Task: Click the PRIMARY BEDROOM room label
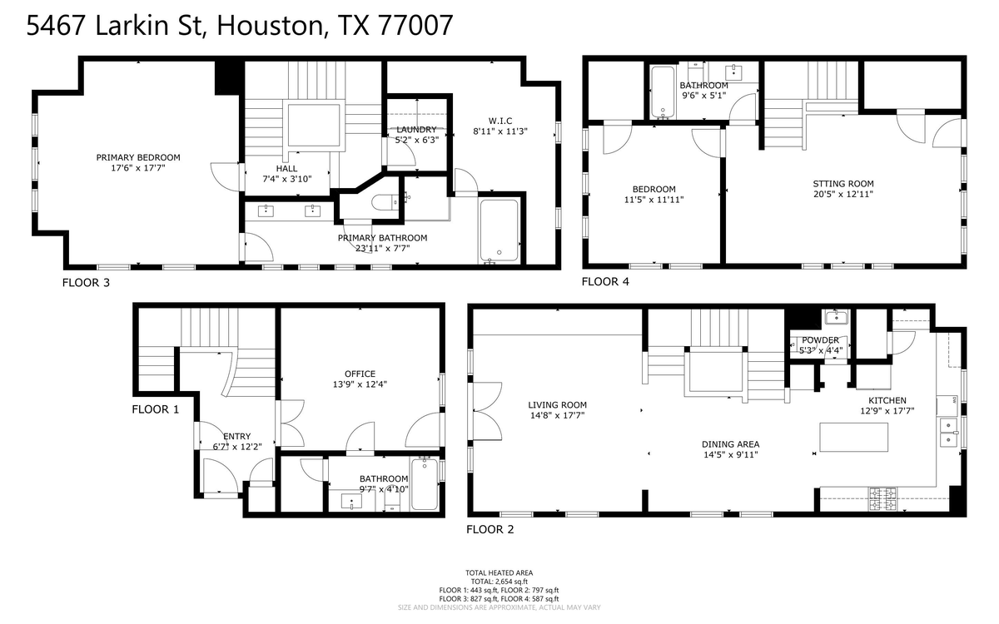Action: [137, 157]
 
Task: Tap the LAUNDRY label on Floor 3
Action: [415, 129]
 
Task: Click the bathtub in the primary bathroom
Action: [499, 230]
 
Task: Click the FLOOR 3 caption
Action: [86, 283]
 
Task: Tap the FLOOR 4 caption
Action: [605, 282]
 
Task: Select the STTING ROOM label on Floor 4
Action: [843, 184]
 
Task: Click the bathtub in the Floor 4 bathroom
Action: [662, 92]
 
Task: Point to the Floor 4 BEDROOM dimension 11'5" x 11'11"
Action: [654, 200]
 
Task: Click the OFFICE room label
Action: [360, 374]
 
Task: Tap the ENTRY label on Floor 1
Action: [236, 436]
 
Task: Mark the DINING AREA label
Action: [730, 443]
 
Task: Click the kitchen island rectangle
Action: [853, 438]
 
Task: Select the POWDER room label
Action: [820, 339]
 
